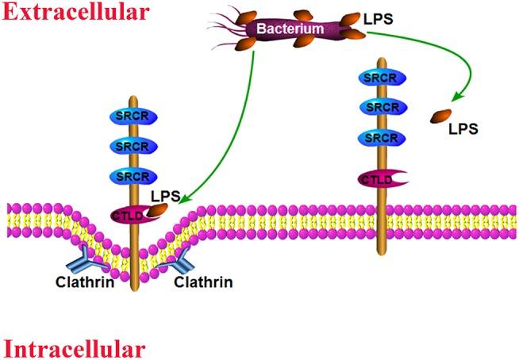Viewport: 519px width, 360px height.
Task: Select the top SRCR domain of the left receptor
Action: tap(132, 116)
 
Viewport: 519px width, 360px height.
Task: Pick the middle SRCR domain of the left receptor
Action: tap(132, 146)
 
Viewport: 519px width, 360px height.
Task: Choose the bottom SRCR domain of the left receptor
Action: tap(132, 175)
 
